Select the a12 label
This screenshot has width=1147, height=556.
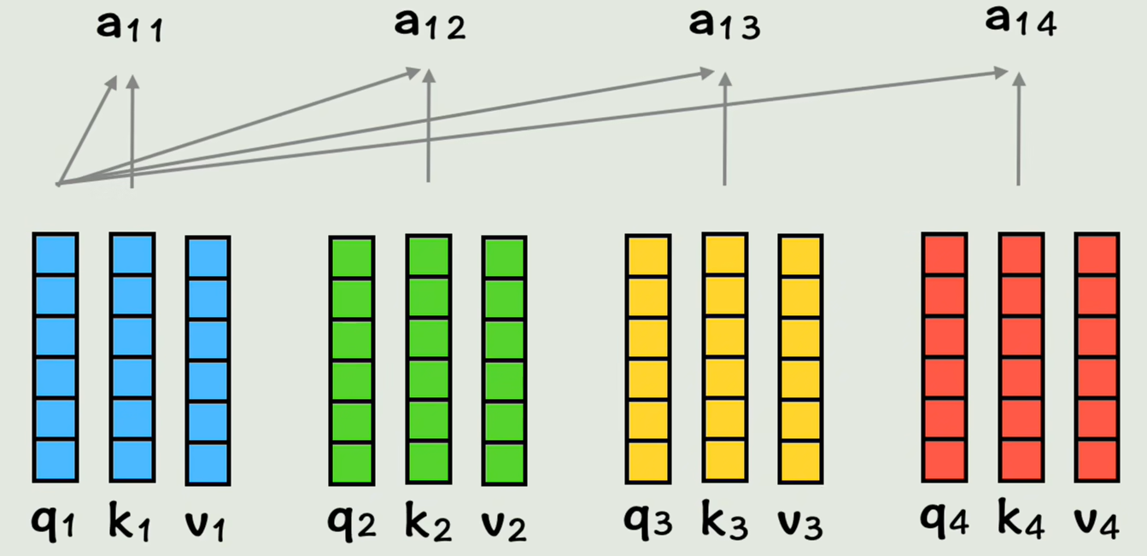[x=430, y=25]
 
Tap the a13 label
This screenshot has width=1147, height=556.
[x=724, y=25]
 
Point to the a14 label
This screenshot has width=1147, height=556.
[x=1021, y=22]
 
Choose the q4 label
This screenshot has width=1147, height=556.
[x=945, y=521]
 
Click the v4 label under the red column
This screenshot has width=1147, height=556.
[x=1097, y=521]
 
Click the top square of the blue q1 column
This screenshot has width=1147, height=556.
[x=56, y=254]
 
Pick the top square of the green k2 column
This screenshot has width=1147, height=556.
[x=429, y=256]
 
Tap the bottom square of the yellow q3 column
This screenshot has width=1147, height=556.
[x=648, y=461]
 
